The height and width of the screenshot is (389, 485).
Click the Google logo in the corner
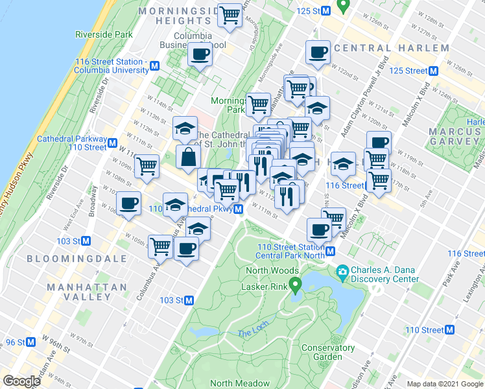pyautogui.click(x=21, y=381)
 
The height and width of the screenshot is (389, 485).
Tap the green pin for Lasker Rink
pyautogui.click(x=296, y=284)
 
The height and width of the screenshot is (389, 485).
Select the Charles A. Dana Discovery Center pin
pyautogui.click(x=342, y=270)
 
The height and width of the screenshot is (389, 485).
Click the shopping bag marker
pyautogui.click(x=187, y=156)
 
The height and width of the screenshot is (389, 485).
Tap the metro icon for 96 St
pyautogui.click(x=30, y=342)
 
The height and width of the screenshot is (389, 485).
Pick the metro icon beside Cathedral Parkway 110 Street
pyautogui.click(x=113, y=143)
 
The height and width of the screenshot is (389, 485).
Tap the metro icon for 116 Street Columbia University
pyautogui.click(x=154, y=65)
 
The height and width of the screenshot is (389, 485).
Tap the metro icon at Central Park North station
pyautogui.click(x=330, y=251)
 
